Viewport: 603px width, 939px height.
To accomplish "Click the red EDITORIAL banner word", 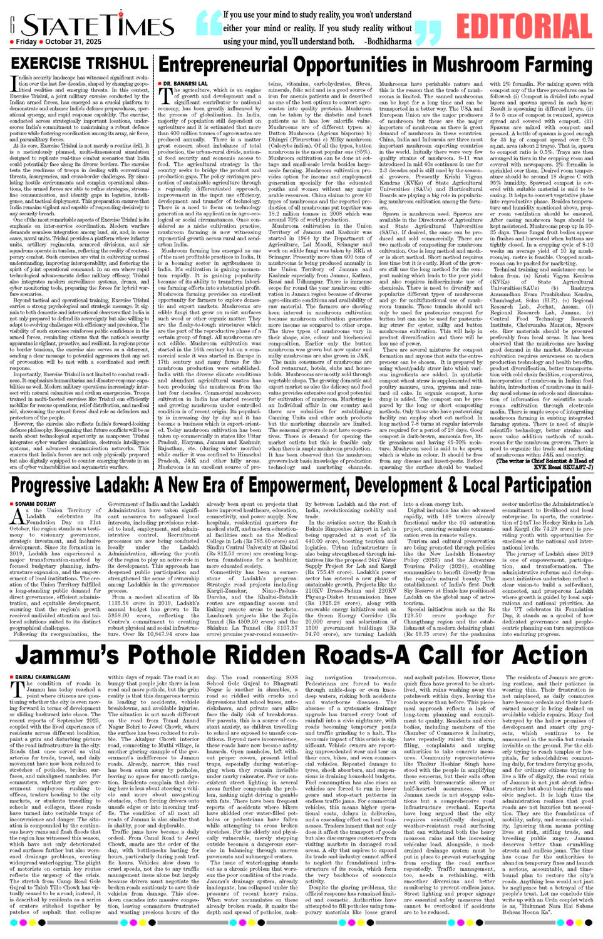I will pyautogui.click(x=523, y=26).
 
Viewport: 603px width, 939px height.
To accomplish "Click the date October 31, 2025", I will pyautogui.click(x=73, y=42).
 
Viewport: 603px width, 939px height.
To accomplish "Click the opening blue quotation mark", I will pyautogui.click(x=209, y=23).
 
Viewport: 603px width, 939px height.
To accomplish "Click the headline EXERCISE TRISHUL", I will pyautogui.click(x=79, y=63).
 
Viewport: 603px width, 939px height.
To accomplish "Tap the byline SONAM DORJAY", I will pyautogui.click(x=35, y=503).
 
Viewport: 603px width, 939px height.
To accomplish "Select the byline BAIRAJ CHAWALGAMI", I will pyautogui.click(x=43, y=677).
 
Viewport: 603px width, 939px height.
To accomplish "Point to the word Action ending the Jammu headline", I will pyautogui.click(x=539, y=655).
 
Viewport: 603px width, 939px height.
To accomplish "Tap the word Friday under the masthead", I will pyautogui.click(x=26, y=42).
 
